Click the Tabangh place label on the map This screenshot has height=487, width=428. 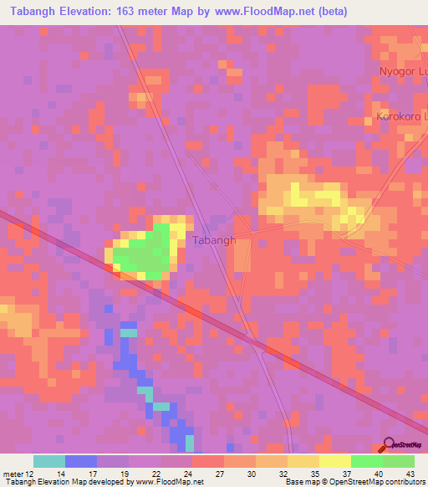click(x=214, y=240)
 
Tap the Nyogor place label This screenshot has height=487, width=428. click(x=403, y=71)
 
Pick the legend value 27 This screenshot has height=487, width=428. click(x=219, y=472)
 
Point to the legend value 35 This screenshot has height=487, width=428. click(x=314, y=472)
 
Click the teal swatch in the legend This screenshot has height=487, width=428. click(x=49, y=461)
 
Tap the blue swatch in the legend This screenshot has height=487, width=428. click(x=81, y=461)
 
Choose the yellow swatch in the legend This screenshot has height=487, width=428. click(x=335, y=461)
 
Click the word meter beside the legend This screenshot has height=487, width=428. click(x=13, y=472)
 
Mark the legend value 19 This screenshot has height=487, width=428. click(x=124, y=472)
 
